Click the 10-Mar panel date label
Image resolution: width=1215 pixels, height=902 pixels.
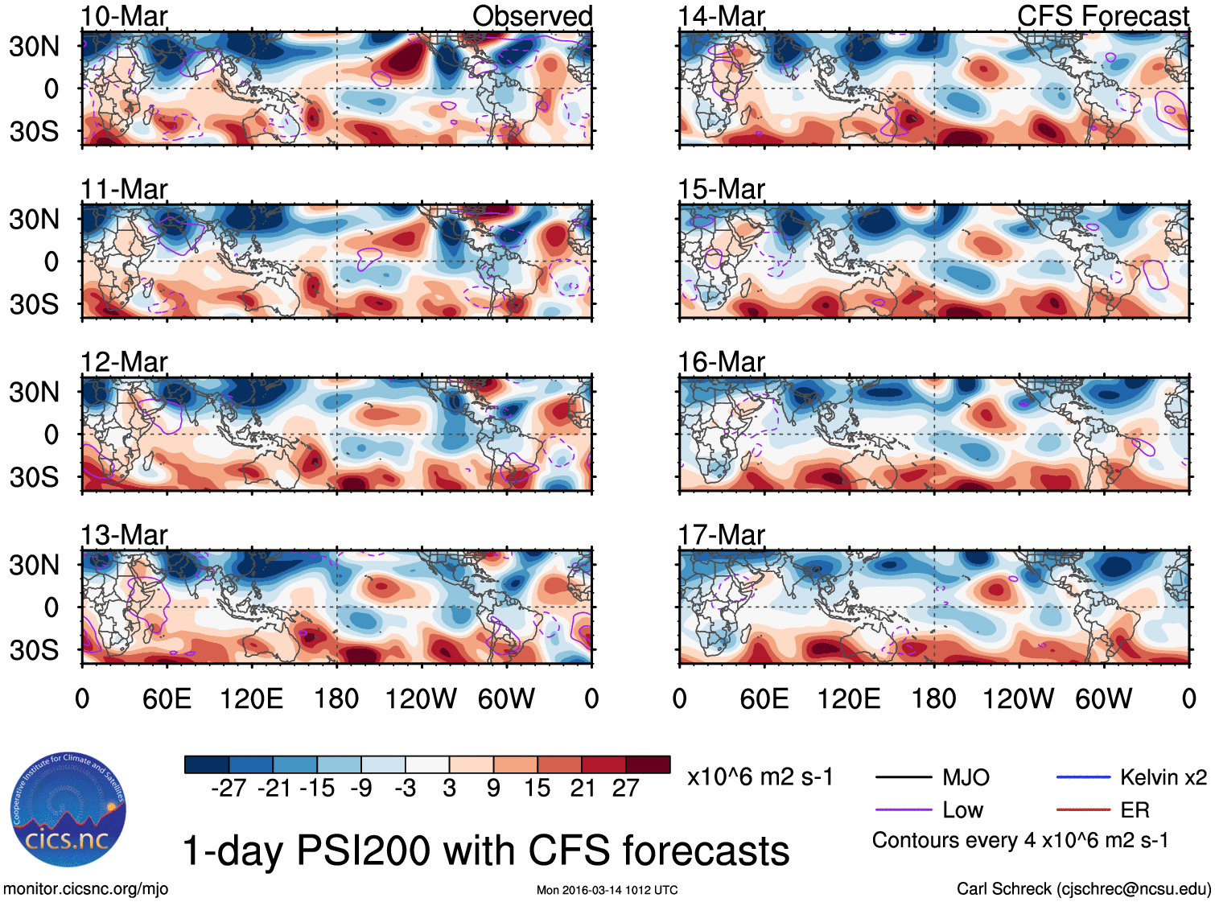click(x=124, y=16)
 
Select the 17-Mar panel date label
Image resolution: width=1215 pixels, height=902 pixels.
click(x=721, y=535)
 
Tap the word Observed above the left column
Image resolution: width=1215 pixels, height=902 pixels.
click(x=532, y=16)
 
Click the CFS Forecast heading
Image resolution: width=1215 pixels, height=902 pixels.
click(x=1102, y=16)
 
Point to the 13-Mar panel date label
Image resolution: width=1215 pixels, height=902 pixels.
click(x=124, y=535)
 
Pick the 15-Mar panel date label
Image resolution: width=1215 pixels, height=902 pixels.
click(x=721, y=189)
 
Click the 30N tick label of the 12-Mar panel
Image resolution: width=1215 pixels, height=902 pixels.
click(x=35, y=393)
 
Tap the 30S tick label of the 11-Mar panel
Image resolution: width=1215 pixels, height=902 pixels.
click(x=35, y=305)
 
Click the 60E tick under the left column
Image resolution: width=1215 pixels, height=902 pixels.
click(x=167, y=698)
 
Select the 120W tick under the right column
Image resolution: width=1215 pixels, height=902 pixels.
click(x=1018, y=698)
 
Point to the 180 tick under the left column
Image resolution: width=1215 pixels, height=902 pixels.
click(x=336, y=698)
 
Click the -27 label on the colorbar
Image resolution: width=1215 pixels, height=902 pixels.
click(x=229, y=788)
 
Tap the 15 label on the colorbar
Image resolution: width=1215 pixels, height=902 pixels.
click(x=537, y=788)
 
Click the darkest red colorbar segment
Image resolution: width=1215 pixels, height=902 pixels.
click(x=648, y=764)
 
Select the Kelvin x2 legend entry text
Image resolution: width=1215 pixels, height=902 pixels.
click(x=1163, y=777)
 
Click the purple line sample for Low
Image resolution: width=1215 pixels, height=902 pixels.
click(x=903, y=809)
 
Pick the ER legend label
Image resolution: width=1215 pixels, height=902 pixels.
click(x=1135, y=809)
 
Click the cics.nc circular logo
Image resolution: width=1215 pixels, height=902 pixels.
click(x=68, y=810)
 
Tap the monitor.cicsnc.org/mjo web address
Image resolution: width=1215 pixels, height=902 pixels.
click(x=86, y=889)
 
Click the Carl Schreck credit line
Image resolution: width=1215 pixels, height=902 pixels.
click(x=1083, y=889)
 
